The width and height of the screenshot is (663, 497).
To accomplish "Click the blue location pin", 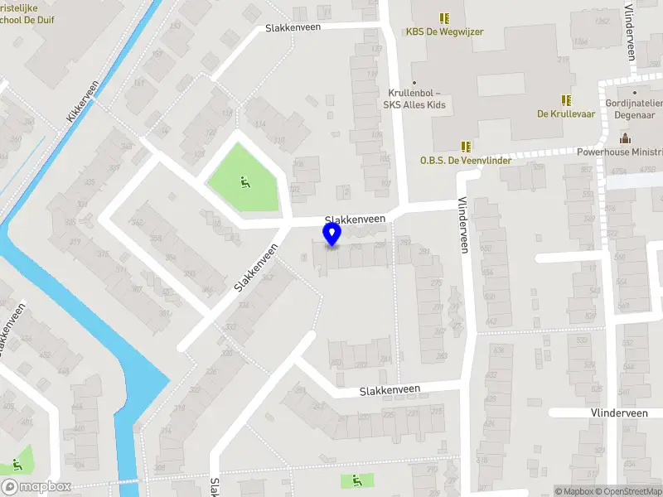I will point(332,234).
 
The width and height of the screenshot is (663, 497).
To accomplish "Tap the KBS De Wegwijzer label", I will point(444,32).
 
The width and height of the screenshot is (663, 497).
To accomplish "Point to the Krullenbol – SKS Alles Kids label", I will point(414,99).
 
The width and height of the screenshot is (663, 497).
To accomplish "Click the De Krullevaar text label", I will point(567,114).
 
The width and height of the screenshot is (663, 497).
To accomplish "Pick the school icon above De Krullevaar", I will point(567,99).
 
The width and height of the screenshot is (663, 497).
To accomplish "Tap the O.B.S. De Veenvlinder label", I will point(464,161).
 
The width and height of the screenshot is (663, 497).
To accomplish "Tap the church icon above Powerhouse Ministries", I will point(624,138).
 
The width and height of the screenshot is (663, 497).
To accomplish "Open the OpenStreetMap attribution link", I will point(629,491).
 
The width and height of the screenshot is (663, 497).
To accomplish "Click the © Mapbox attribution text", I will point(573,491).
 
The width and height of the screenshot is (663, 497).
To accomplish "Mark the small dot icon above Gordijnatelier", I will point(635,93).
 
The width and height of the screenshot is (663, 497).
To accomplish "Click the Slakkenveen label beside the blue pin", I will point(361,219).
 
